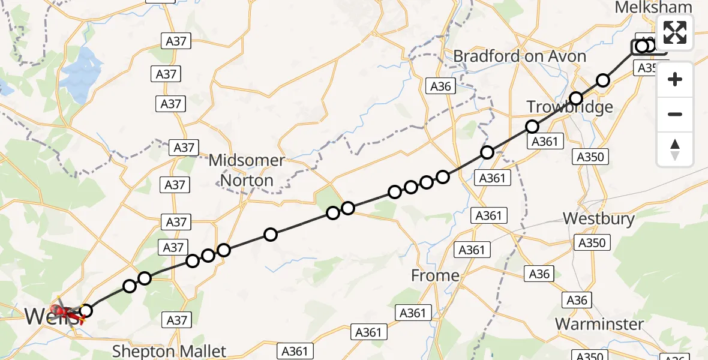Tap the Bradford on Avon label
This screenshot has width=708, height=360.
pyautogui.click(x=519, y=56)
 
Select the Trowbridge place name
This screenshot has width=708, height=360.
pyautogui.click(x=569, y=107)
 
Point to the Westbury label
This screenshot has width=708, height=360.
pyautogui.click(x=598, y=218)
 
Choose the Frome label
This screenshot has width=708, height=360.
pyautogui.click(x=435, y=275)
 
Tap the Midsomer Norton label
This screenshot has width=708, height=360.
pyautogui.click(x=247, y=170)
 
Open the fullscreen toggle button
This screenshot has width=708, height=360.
pyautogui.click(x=675, y=32)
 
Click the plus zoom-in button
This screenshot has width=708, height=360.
pyautogui.click(x=675, y=79)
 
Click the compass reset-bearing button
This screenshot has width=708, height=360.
pyautogui.click(x=675, y=149)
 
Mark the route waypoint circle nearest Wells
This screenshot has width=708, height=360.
pyautogui.click(x=86, y=310)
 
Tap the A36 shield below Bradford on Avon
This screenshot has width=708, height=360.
pyautogui.click(x=440, y=86)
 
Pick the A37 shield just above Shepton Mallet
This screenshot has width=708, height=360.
pyautogui.click(x=176, y=320)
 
